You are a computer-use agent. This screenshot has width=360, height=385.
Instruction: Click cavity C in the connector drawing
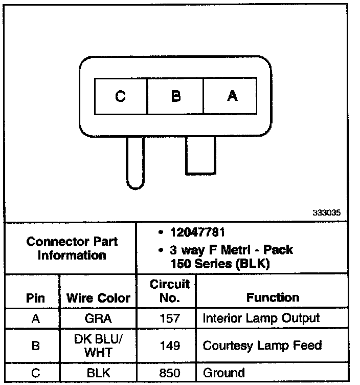120,96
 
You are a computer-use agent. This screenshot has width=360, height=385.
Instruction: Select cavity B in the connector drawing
175,96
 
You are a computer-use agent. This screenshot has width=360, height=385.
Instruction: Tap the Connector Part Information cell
72,248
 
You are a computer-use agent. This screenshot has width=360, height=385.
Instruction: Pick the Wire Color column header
98,297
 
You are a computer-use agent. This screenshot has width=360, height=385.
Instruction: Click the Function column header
273,297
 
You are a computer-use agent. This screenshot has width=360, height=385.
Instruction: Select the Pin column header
35,297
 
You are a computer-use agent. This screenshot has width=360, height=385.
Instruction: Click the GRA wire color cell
98,318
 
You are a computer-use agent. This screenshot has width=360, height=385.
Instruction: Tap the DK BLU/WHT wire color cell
98,345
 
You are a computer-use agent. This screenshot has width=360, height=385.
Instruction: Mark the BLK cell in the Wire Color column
98,373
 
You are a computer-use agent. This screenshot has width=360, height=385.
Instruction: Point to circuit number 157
169,318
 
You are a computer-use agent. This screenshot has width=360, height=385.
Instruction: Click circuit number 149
169,346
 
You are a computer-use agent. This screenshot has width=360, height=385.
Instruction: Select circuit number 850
169,373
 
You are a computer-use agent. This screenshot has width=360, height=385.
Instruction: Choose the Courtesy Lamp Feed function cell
262,346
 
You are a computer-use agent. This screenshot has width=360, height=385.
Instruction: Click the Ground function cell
224,373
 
